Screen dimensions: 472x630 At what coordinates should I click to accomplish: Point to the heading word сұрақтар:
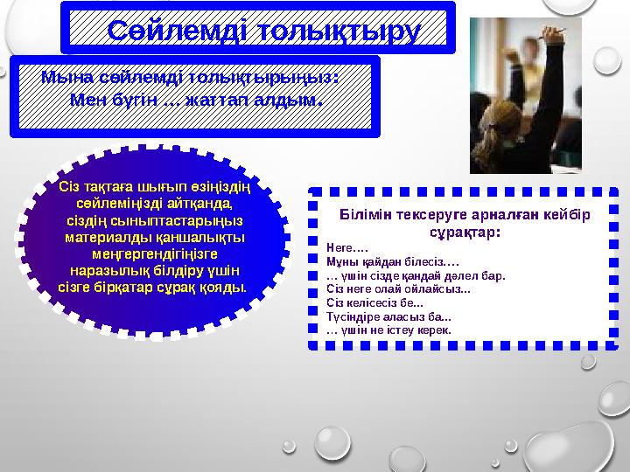pyautogui.click(x=465, y=233)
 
